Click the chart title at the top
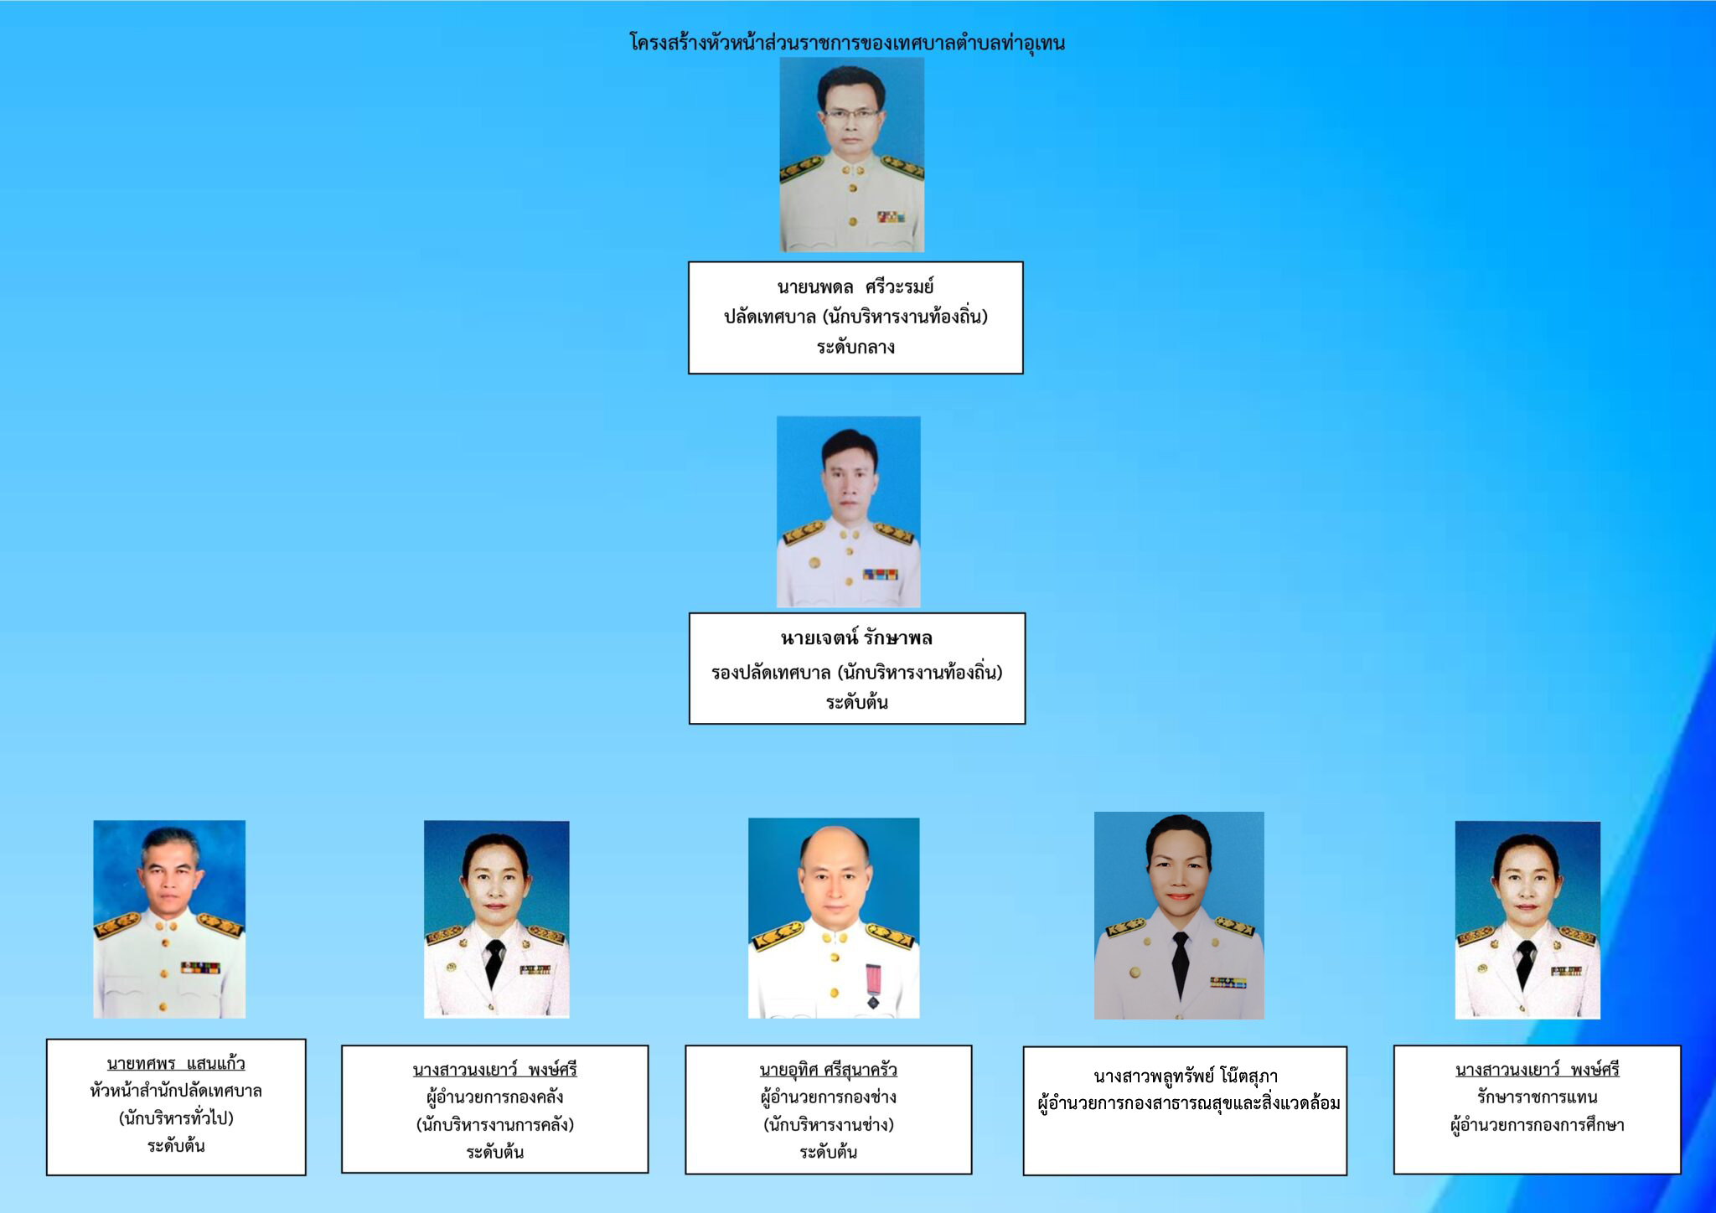pos(847,43)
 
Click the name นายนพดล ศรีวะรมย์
pos(855,287)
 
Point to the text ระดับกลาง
pos(855,347)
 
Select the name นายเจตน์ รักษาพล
pos(856,638)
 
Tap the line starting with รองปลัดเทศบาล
pos(856,672)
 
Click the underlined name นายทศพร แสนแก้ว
pos(176,1064)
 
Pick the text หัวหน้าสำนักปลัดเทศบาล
pos(176,1091)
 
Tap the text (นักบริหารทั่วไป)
pos(176,1118)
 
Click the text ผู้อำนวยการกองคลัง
pos(494,1097)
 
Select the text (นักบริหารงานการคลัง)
pos(494,1124)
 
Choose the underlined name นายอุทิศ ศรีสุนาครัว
pos(828,1070)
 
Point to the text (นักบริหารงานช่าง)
pos(828,1124)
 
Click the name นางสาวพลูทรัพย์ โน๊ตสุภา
pos(1185,1076)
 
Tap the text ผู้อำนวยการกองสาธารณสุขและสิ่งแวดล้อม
pos(1188,1103)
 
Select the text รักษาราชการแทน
pos(1537,1097)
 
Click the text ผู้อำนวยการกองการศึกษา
pos(1537,1125)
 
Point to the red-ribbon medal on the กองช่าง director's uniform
pos(872,985)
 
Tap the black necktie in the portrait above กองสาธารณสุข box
pos(1180,963)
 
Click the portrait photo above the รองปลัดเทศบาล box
pos(848,512)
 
